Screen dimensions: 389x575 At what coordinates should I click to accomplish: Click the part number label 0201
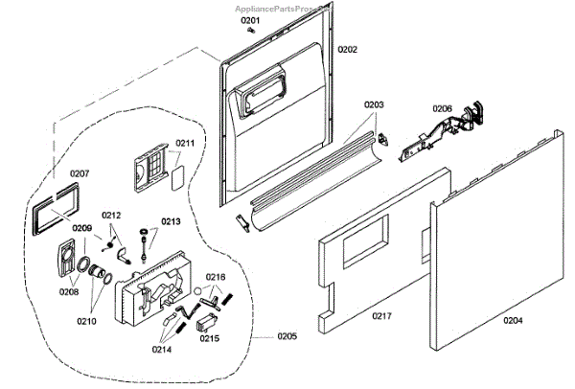249,20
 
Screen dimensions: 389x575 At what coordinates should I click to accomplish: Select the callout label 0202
346,49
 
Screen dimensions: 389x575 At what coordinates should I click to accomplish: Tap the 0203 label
373,103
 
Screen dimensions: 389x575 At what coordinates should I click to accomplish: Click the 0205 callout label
287,335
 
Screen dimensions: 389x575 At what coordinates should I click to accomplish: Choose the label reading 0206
442,108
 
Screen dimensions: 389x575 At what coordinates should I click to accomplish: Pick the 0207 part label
79,173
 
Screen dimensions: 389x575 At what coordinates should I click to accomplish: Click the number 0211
184,143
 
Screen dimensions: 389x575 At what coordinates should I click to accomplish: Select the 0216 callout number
216,277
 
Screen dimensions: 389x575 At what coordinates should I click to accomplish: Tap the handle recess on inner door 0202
261,93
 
